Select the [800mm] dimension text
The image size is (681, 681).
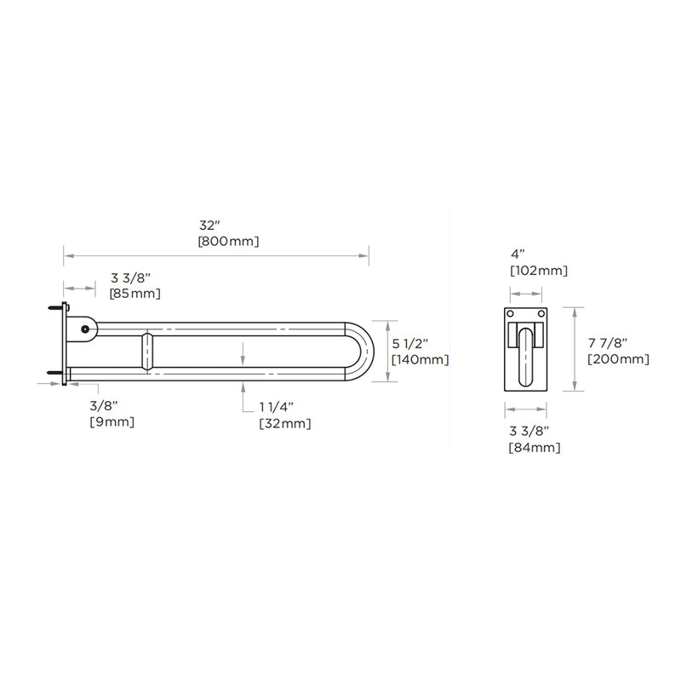pos(228,242)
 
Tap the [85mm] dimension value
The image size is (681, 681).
pos(135,294)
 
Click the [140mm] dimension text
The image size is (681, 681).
pos(420,359)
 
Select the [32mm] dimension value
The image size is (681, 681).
pos(284,424)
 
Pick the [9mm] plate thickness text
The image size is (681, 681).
pos(112,422)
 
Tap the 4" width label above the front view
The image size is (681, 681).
pos(518,255)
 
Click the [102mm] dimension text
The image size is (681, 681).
pos(538,271)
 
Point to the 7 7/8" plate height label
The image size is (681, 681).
pos(608,342)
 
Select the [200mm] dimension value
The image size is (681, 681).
pos(618,359)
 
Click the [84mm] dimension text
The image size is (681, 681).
pos(534,447)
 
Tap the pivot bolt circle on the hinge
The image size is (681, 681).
pos(84,329)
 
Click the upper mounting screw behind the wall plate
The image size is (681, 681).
pos(56,309)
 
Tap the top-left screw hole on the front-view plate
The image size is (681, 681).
pos(511,314)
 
